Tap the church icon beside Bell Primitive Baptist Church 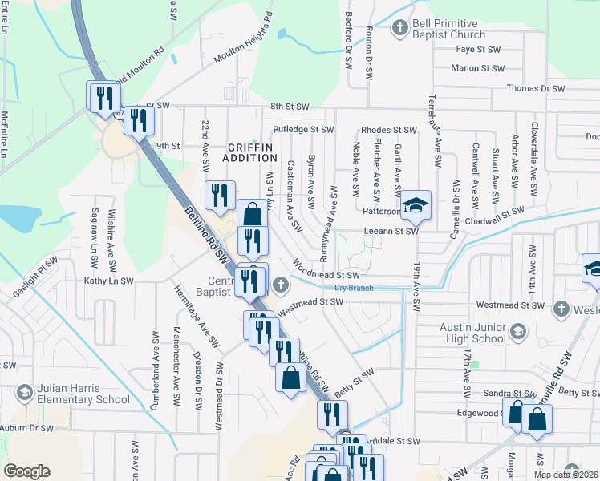click(399, 29)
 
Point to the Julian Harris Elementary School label click(83, 394)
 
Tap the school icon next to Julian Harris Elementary click(24, 392)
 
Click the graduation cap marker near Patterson click(416, 207)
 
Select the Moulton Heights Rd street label click(242, 38)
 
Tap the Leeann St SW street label click(391, 231)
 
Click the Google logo click(26, 471)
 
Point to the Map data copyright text click(566, 475)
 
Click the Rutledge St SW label click(302, 128)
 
